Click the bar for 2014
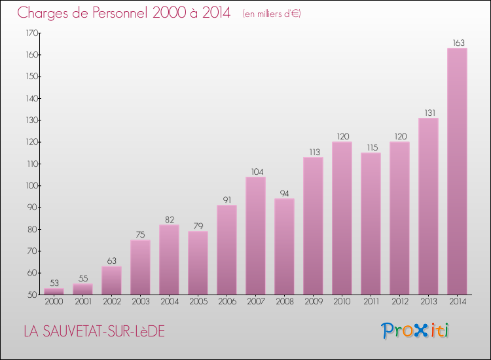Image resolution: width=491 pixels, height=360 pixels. coord(457,171)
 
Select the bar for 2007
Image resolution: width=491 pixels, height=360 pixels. coord(255,236)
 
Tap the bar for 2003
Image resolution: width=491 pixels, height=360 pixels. coord(140,267)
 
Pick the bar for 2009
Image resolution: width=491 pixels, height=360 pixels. coord(313,226)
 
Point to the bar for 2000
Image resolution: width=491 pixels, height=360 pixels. coord(54,291)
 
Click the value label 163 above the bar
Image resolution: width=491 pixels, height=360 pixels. coord(457,43)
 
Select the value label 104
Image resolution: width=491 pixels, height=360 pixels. coord(255,172)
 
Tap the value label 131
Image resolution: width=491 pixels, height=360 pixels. coord(428,113)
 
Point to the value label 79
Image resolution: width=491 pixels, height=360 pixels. coord(198,226)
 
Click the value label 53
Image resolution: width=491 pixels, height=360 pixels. coord(54,283)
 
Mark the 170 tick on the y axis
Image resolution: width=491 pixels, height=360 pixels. coord(32,33)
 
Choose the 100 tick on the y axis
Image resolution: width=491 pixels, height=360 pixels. coord(32,186)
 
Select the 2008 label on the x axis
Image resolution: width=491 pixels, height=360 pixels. coord(284,302)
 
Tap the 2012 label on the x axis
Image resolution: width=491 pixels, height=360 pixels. coord(399,302)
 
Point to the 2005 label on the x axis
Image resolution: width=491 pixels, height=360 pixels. coord(198,302)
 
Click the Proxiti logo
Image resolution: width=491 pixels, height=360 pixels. coord(415,331)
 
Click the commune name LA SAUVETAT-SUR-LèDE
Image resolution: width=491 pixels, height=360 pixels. coord(94,332)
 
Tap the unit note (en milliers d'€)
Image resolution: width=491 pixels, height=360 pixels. coord(271,14)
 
